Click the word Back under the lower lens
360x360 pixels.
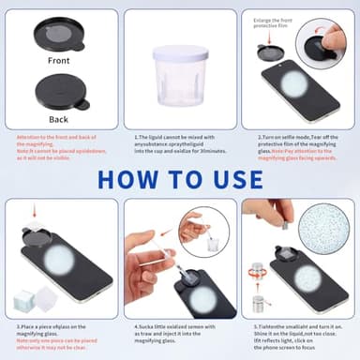[57, 120]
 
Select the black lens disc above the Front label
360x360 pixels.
[57, 34]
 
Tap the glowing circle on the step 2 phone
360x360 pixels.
[294, 84]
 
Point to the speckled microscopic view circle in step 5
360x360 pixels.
[322, 228]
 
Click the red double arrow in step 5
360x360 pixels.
[257, 275]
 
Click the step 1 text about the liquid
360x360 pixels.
[179, 145]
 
